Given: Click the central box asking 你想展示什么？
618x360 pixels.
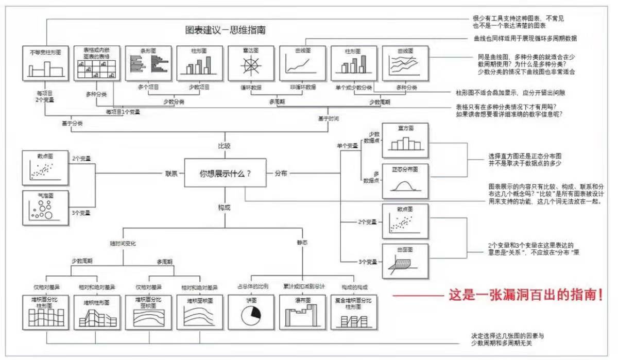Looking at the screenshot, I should coord(225,174).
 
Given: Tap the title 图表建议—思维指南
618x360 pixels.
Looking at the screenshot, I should coord(226,30).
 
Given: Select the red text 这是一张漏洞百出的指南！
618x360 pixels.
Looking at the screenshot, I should coord(526,296).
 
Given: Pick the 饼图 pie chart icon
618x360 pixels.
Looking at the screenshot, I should coord(251,315).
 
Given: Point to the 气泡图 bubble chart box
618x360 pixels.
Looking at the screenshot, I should coord(45,207).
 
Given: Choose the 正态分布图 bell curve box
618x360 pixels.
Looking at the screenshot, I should coord(405,181).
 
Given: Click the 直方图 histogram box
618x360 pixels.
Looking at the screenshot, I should coord(405,140).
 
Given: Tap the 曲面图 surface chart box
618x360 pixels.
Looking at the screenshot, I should coord(405,260).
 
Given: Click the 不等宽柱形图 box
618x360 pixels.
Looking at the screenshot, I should coord(45,63).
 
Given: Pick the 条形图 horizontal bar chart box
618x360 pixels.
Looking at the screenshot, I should coord(148,63).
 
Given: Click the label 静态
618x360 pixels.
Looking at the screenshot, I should coord(302,242).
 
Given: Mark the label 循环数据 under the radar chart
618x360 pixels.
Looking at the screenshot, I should coord(250,87).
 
